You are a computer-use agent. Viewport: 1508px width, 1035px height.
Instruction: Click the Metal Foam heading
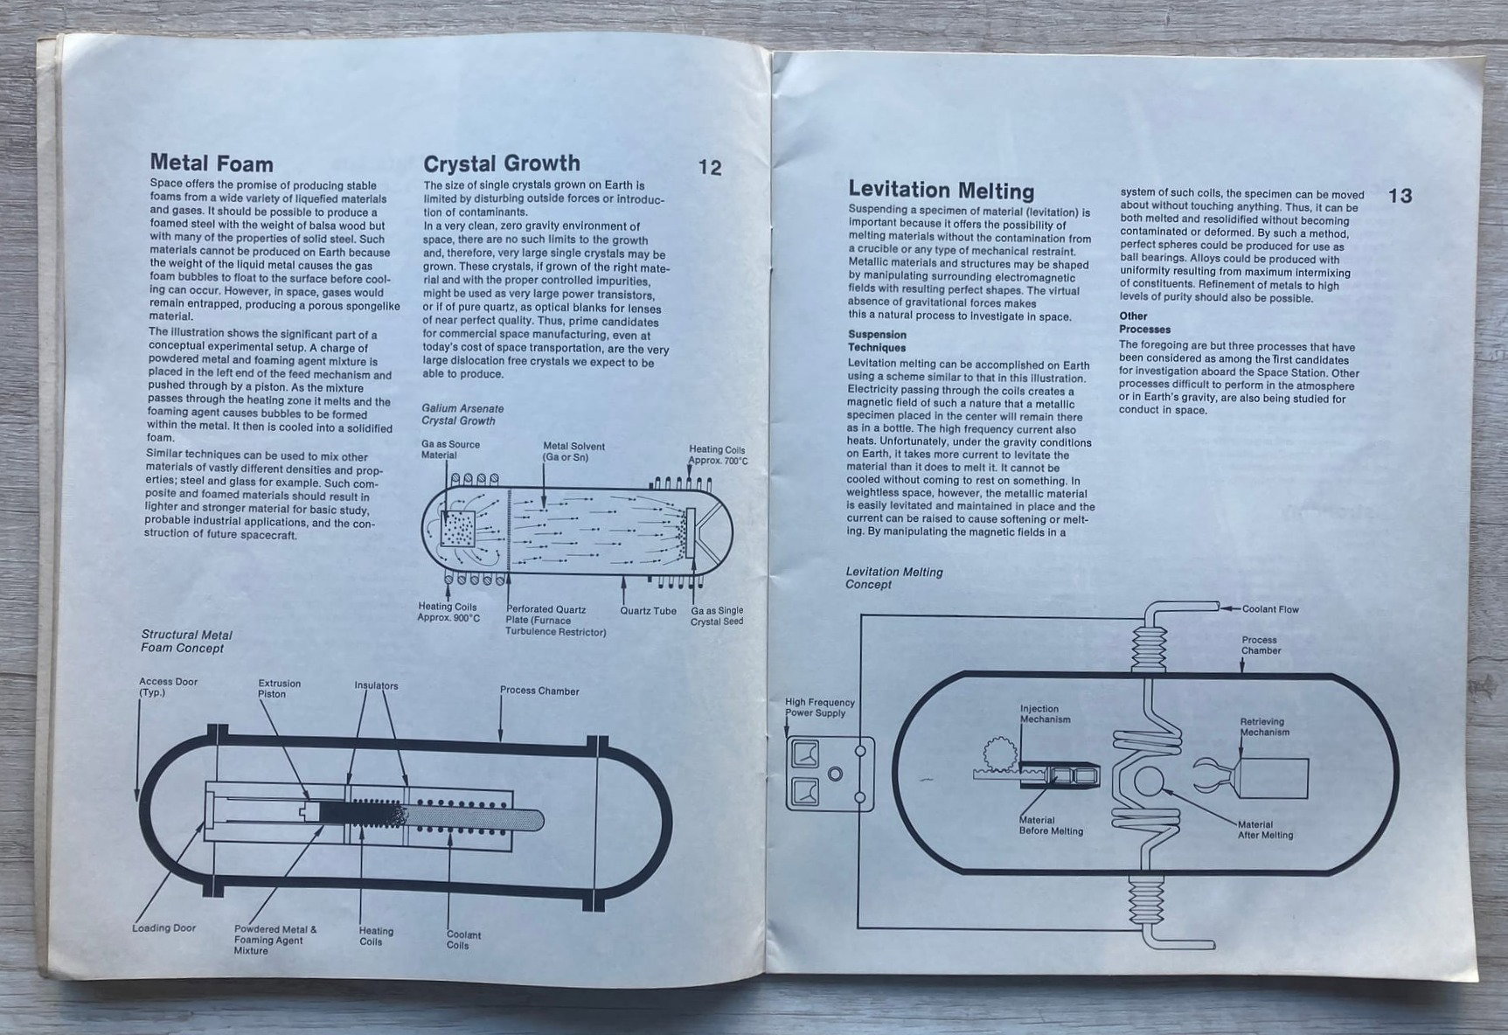click(212, 163)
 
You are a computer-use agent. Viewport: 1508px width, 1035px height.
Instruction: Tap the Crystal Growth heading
click(501, 163)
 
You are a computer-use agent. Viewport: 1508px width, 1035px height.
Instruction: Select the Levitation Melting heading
click(941, 191)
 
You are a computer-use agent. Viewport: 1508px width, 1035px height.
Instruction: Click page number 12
click(710, 168)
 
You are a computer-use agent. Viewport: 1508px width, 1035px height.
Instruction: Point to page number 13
click(1400, 196)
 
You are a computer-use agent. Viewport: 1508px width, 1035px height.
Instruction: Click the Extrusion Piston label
click(279, 689)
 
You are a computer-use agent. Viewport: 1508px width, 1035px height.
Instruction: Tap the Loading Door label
click(164, 928)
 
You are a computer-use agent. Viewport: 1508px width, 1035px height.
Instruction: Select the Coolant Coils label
click(463, 940)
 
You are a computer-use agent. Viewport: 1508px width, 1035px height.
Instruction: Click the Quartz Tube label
click(648, 610)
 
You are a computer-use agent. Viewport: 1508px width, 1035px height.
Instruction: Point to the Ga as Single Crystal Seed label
click(717, 615)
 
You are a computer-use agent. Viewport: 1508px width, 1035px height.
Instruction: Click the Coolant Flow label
click(1270, 609)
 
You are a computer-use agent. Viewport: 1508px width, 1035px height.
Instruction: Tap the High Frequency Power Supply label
click(819, 707)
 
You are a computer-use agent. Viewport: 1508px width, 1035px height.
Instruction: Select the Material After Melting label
click(1265, 830)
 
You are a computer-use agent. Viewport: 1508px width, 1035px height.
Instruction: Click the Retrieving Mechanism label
click(1264, 727)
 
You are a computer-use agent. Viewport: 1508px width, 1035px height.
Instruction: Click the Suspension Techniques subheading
click(877, 341)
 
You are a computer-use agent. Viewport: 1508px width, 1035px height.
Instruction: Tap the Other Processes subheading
click(1144, 323)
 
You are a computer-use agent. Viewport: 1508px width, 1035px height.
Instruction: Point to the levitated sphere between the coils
click(1146, 779)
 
